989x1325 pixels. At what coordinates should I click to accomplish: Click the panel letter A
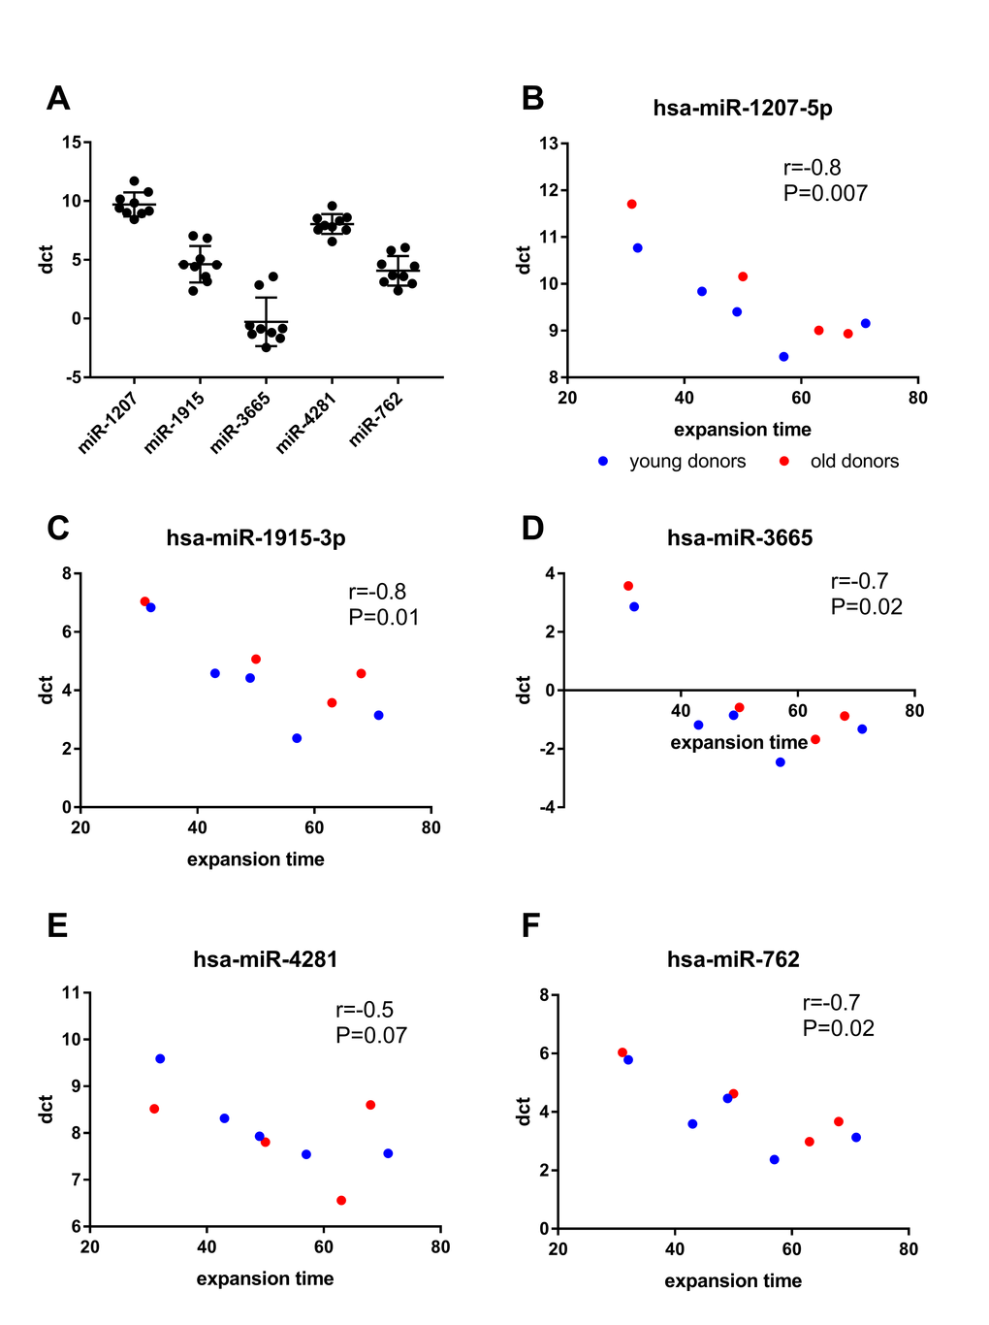point(58,98)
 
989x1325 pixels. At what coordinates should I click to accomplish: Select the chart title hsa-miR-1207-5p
point(743,108)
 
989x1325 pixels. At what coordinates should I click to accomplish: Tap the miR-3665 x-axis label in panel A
point(241,421)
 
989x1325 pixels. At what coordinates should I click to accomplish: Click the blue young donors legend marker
point(603,462)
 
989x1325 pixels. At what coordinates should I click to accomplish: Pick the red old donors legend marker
point(784,462)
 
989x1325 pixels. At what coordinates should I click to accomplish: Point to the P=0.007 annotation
point(825,193)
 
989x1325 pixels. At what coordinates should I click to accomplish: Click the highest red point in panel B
point(632,204)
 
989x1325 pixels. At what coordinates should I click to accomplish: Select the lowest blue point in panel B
point(783,357)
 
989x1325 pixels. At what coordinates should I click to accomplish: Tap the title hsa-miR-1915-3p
point(256,537)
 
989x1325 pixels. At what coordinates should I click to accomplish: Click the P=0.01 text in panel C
point(384,617)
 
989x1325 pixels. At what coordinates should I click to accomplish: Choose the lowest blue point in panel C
point(297,738)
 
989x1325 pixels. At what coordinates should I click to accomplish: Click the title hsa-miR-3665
point(740,537)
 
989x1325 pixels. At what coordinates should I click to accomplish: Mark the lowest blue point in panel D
point(781,762)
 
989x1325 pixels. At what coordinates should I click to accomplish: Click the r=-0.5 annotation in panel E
point(365,1010)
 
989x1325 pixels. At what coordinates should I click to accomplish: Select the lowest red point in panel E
point(341,1200)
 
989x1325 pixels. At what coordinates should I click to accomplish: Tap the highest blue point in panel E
point(160,1058)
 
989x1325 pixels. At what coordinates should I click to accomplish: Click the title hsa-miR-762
point(733,959)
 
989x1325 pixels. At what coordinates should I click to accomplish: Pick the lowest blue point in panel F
point(774,1159)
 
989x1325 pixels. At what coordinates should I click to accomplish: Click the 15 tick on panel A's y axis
point(72,143)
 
